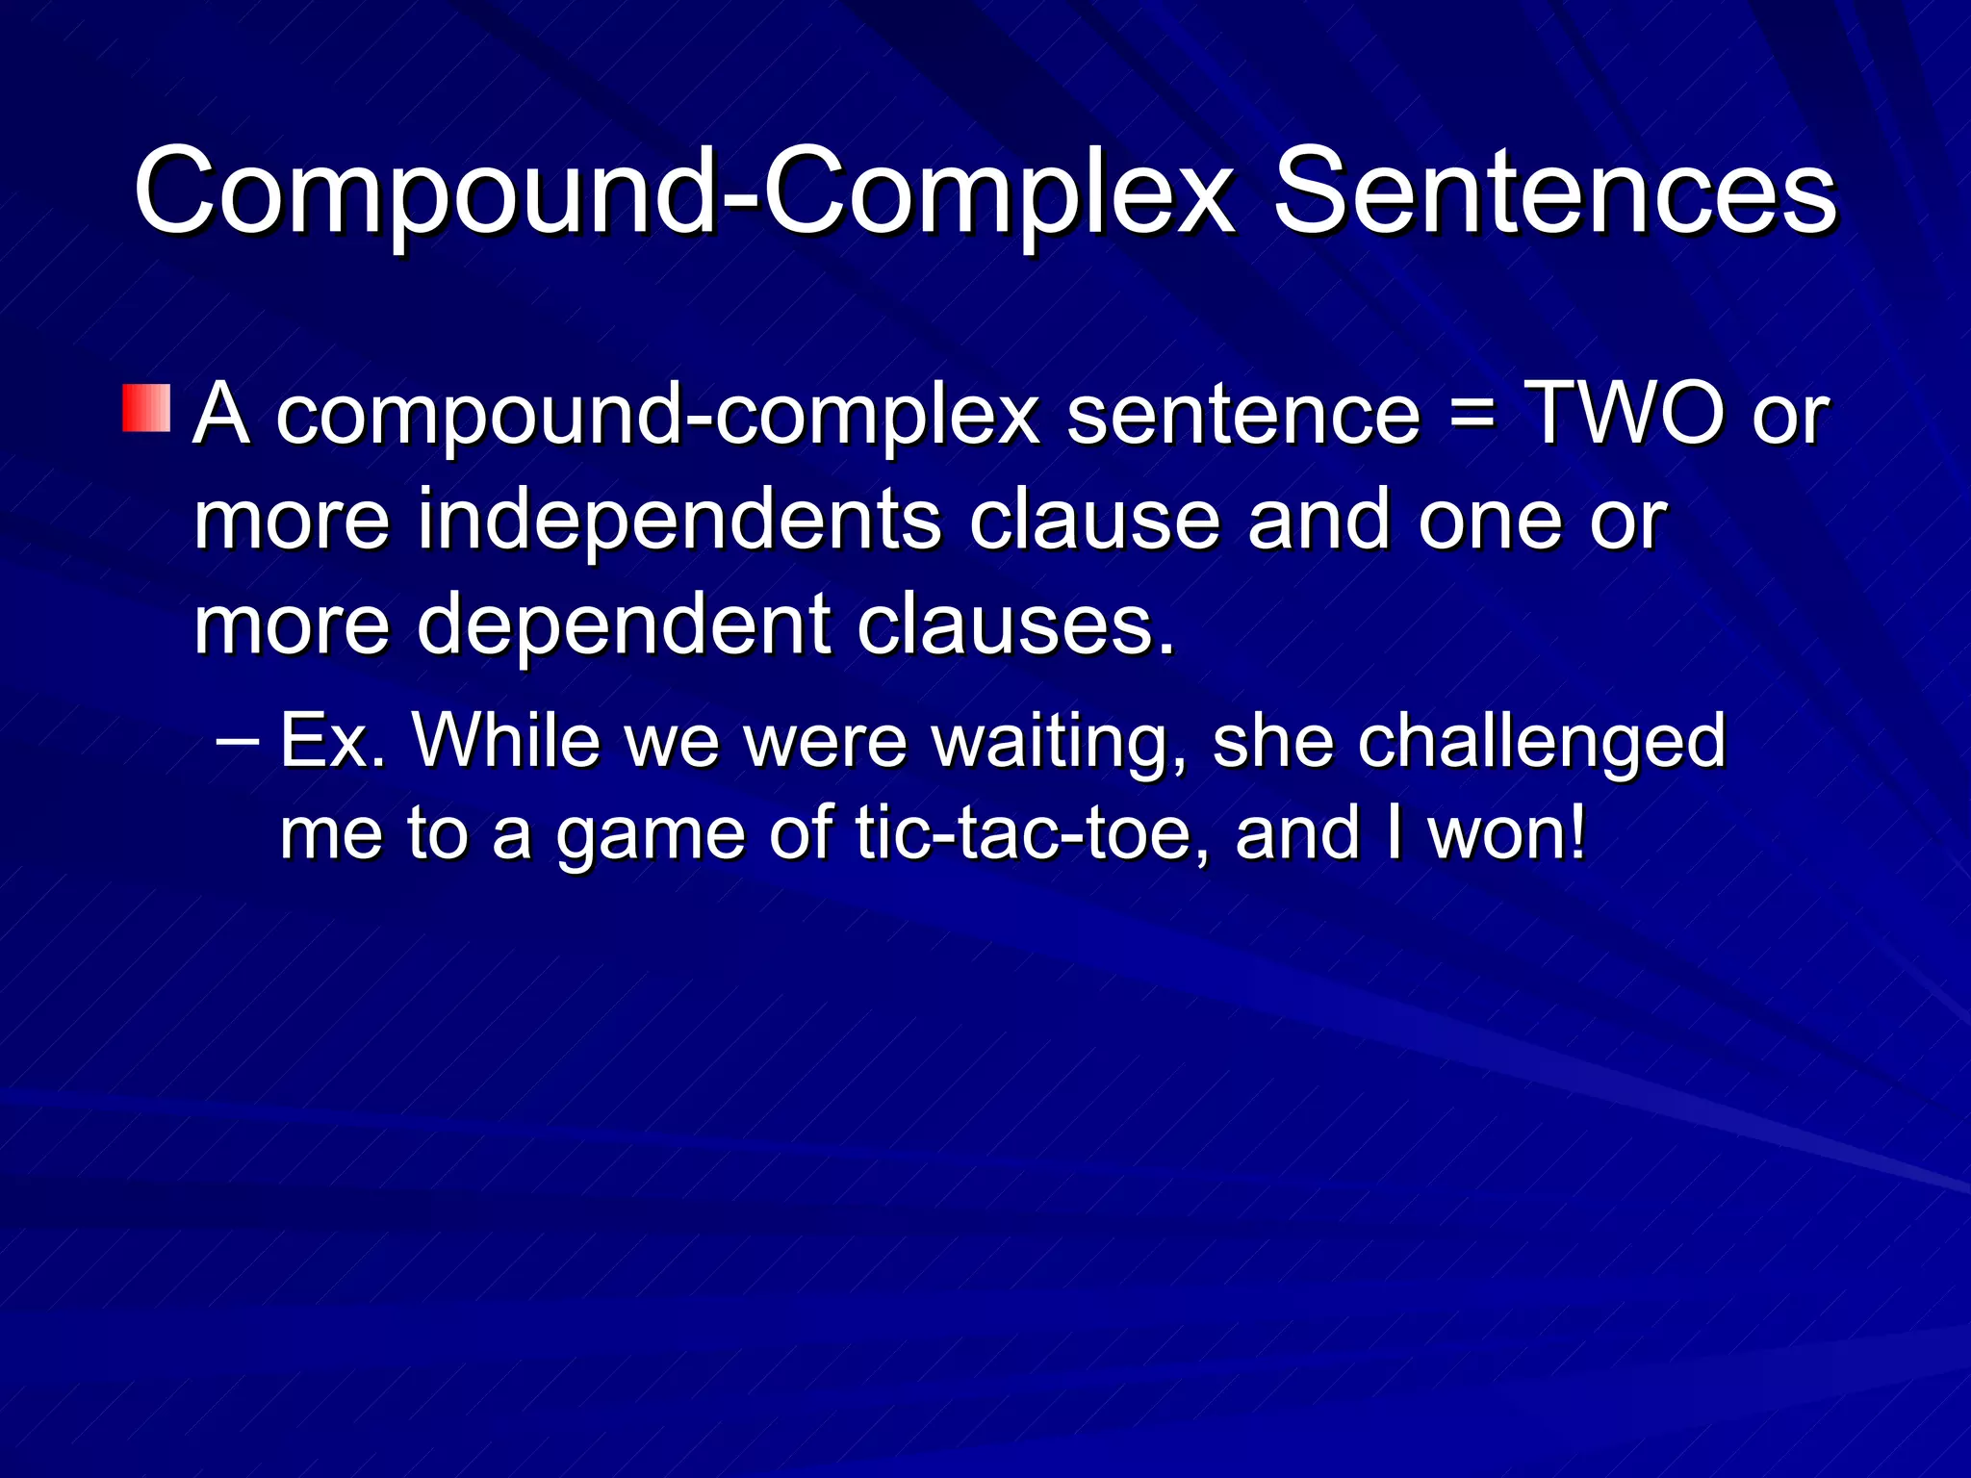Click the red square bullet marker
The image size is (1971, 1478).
pos(146,408)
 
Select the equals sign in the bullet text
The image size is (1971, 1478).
pos(1472,414)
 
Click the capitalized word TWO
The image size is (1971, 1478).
pos(1626,414)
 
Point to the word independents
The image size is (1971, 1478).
pos(678,520)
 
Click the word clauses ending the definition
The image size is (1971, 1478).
pos(1014,625)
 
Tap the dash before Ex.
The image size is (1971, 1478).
pos(238,741)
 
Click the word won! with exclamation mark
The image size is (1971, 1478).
pos(1507,833)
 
